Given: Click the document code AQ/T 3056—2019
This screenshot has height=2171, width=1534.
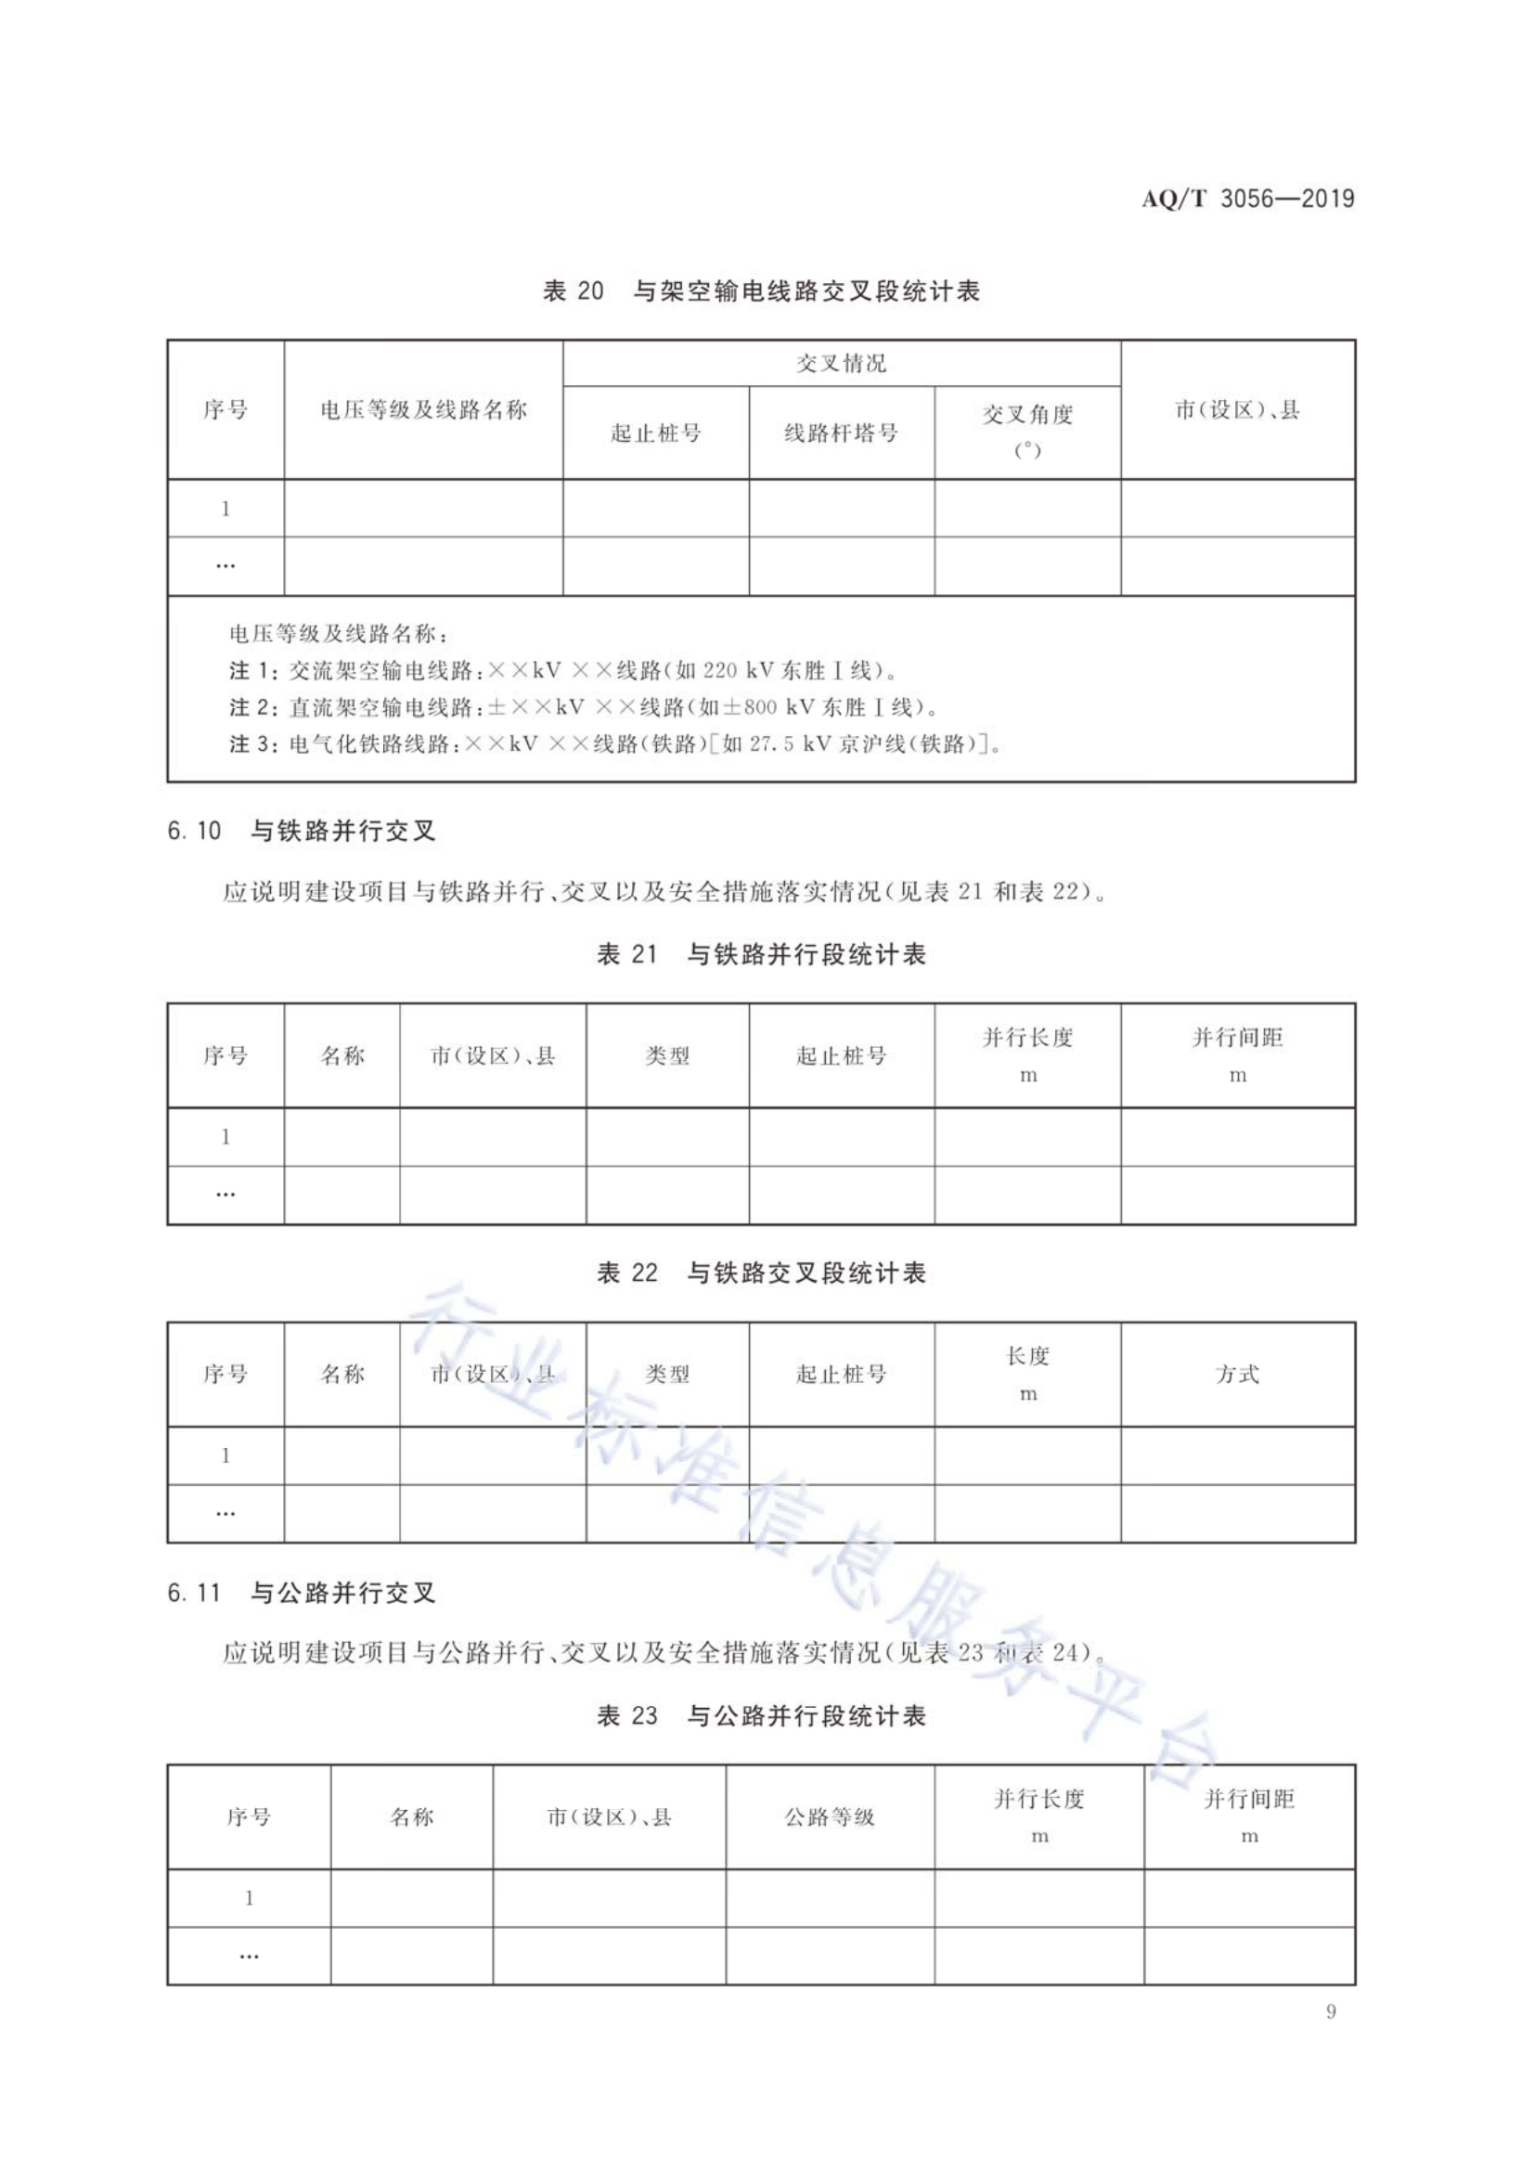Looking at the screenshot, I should click(1247, 200).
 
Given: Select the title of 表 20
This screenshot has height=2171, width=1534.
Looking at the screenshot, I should click(761, 291).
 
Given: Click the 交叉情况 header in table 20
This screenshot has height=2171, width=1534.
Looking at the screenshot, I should click(841, 363).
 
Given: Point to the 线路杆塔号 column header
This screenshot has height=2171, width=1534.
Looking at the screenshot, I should click(841, 433).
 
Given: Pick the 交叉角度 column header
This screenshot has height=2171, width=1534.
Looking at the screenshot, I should click(1027, 415).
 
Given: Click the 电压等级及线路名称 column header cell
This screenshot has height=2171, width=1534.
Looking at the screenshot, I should click(423, 409).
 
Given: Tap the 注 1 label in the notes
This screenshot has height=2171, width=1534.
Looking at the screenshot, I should click(251, 671).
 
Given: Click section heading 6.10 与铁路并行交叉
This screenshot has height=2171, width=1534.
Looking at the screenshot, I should click(302, 831).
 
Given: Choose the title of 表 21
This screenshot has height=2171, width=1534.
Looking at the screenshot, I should click(761, 955).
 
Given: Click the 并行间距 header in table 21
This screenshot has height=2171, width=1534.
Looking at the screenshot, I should click(1237, 1039).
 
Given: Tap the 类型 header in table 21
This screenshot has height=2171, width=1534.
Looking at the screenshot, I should click(667, 1056).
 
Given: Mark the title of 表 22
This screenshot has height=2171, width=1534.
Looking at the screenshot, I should click(761, 1273).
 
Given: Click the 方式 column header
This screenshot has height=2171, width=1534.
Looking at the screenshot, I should click(1237, 1375).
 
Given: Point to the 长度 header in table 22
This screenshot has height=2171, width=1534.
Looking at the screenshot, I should click(1027, 1357).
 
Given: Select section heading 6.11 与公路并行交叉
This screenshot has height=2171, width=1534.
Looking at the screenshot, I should click(302, 1594).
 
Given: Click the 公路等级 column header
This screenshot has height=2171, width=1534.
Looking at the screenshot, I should click(830, 1817).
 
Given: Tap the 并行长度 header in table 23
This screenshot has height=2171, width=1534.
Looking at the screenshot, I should click(1038, 1800).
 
